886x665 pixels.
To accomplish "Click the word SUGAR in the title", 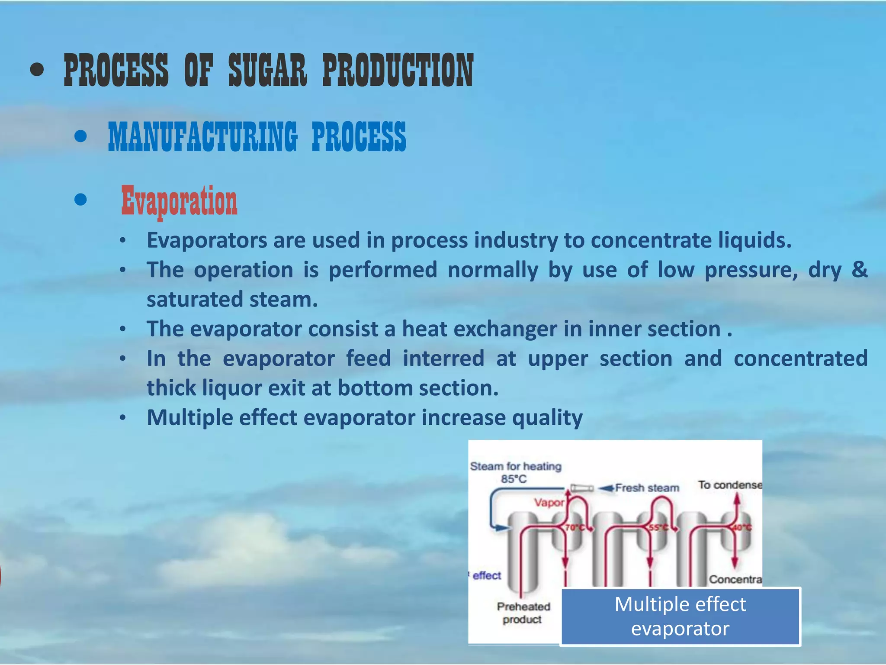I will (x=267, y=71).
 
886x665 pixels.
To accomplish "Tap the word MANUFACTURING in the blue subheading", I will (x=203, y=136).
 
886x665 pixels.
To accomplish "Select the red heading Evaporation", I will (x=179, y=201).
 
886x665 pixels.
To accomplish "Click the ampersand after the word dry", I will (x=859, y=269).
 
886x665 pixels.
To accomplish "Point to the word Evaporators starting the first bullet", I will (x=207, y=240).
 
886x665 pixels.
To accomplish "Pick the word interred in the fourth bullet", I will (x=443, y=358).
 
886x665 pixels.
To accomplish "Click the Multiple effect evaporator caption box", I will (x=680, y=616).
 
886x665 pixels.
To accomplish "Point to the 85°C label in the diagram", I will (x=514, y=479).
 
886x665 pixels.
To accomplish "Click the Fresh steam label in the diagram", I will (x=647, y=488).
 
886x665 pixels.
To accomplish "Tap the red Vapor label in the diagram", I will (x=549, y=503).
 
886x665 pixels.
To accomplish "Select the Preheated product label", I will (x=523, y=613).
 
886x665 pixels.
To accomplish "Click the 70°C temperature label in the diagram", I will (x=575, y=528).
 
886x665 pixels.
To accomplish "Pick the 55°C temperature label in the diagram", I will (x=658, y=528).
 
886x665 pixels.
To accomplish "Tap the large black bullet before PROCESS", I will (x=38, y=70).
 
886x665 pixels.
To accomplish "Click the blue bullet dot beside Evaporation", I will (x=80, y=200).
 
